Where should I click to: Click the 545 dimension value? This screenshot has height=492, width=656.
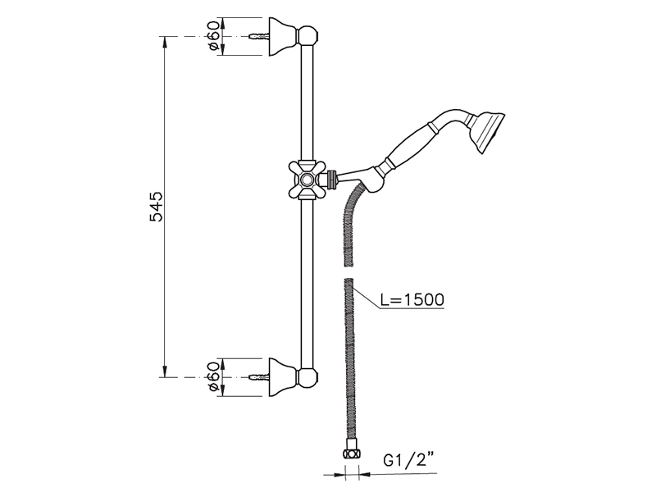coord(157,207)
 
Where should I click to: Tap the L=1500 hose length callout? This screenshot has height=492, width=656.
coord(412,299)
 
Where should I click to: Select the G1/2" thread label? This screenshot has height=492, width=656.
coord(408,461)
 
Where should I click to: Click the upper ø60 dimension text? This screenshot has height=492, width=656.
coord(213,36)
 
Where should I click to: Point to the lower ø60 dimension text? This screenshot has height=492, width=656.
coord(213,376)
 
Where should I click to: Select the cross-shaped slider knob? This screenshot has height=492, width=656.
coord(307,180)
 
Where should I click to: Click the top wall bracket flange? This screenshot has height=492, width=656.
coord(283,37)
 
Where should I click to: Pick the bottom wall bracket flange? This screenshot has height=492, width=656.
coord(283,377)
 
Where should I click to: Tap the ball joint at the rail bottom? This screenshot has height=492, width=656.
coord(307,377)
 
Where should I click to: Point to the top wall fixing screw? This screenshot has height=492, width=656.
coord(259,37)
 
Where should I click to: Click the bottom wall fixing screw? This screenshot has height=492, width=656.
coord(259,377)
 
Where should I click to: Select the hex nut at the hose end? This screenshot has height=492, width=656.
coord(352,454)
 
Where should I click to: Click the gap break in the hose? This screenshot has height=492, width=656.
coord(348,272)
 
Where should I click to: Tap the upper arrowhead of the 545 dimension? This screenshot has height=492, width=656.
coord(166,43)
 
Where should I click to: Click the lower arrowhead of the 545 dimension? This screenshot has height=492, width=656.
coord(166,371)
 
